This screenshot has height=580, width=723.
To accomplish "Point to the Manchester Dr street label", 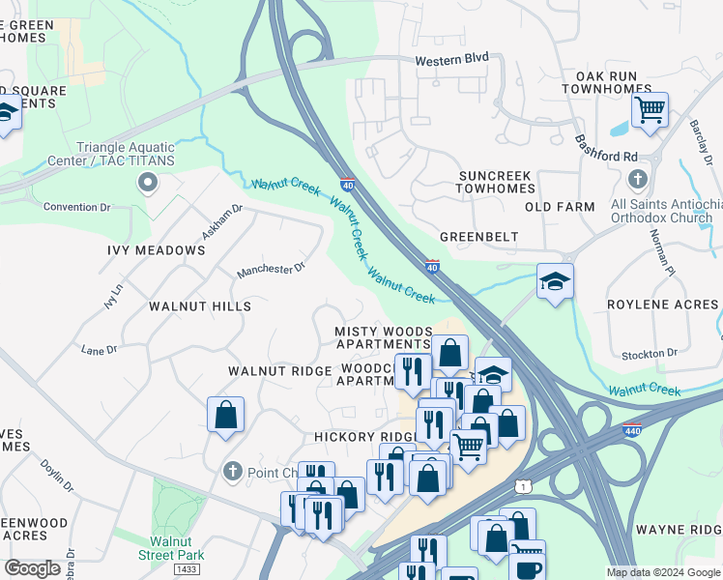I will click(272, 269).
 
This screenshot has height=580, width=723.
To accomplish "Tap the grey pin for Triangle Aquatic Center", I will click(147, 182).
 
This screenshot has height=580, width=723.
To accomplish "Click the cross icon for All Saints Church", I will click(637, 179).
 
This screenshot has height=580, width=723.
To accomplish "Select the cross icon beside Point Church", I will click(231, 472).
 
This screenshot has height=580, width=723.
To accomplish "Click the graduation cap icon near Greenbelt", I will click(555, 280).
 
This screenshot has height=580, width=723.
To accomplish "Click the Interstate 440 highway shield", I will click(632, 428).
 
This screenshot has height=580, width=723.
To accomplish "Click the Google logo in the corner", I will click(32, 568).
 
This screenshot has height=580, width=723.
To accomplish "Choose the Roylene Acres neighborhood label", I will click(662, 304).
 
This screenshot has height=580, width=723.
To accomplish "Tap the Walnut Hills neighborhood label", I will click(199, 306).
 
